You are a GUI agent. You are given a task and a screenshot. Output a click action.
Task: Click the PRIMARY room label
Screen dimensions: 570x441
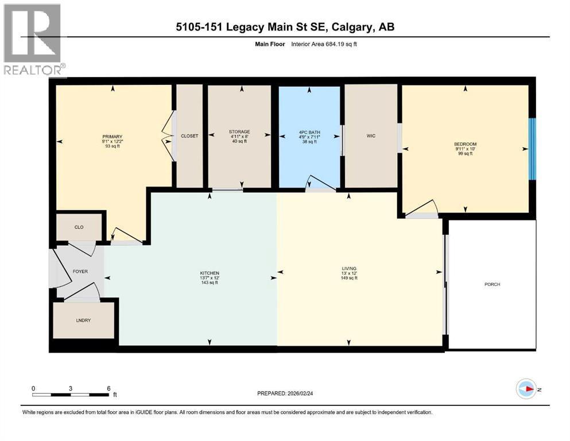(112, 137)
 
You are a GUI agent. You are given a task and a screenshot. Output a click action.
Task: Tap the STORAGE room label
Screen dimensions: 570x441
(239, 131)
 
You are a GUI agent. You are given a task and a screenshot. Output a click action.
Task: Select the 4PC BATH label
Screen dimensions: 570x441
(309, 132)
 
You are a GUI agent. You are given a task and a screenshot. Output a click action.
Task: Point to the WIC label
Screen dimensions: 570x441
(371, 136)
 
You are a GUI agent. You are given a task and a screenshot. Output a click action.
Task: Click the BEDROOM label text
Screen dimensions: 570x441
(465, 144)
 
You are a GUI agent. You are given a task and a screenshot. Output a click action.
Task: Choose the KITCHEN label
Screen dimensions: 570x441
(210, 273)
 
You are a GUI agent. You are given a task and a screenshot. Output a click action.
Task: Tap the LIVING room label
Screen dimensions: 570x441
(349, 269)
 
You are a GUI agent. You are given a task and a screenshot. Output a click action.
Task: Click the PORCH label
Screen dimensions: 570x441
(492, 284)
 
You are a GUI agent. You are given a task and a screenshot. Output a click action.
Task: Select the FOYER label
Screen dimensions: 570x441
(80, 272)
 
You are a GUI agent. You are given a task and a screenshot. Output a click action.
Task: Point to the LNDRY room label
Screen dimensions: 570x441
(83, 320)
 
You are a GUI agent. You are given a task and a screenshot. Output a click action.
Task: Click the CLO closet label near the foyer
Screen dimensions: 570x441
(79, 227)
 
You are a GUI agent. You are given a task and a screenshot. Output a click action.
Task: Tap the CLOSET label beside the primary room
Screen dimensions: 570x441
(189, 136)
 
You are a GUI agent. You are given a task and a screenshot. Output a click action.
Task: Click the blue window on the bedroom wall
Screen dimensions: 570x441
(532, 149)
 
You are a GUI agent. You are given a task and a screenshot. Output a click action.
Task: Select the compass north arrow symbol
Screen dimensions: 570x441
(526, 389)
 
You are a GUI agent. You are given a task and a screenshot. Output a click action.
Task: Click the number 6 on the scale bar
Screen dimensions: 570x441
(108, 388)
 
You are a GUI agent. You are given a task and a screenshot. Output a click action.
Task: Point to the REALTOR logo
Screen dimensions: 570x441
(34, 39)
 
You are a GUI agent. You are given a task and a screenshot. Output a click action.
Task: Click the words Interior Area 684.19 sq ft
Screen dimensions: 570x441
(324, 44)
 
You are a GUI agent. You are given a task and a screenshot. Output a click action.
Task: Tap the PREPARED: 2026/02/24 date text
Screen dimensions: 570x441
(285, 393)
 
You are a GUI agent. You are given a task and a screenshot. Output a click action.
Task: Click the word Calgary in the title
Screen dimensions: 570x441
(352, 27)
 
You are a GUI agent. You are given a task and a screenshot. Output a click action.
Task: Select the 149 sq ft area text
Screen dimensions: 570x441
(349, 278)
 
